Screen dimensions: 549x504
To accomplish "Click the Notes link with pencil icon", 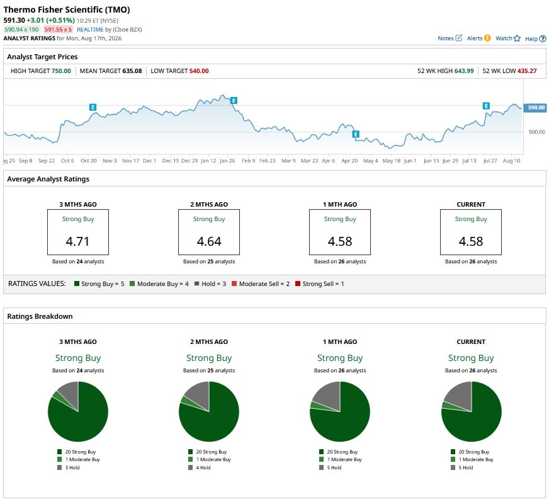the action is point(450,38).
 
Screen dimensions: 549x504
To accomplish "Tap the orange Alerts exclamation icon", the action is point(487,38).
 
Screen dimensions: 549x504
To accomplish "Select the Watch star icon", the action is point(517,38).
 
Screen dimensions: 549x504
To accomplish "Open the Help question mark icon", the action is point(542,38).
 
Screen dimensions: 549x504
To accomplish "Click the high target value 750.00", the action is point(61,71).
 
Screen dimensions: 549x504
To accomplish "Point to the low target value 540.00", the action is point(199,71).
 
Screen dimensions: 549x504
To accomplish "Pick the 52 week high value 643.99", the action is point(464,71).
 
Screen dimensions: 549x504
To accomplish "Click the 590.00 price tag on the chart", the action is point(535,108).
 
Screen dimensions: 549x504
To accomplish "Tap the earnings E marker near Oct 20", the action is point(93,107).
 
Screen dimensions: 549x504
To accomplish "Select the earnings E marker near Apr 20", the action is point(356,134).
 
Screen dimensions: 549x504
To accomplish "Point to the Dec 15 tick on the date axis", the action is point(171,161).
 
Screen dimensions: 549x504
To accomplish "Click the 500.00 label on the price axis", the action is point(537,132).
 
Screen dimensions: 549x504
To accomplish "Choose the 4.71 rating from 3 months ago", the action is point(77,241).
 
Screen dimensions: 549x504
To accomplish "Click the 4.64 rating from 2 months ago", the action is point(209,241).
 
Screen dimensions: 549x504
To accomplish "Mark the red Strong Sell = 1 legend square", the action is point(298,283).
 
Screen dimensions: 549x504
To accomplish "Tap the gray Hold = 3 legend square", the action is point(197,283).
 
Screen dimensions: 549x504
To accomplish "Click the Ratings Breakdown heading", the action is point(40,316).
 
